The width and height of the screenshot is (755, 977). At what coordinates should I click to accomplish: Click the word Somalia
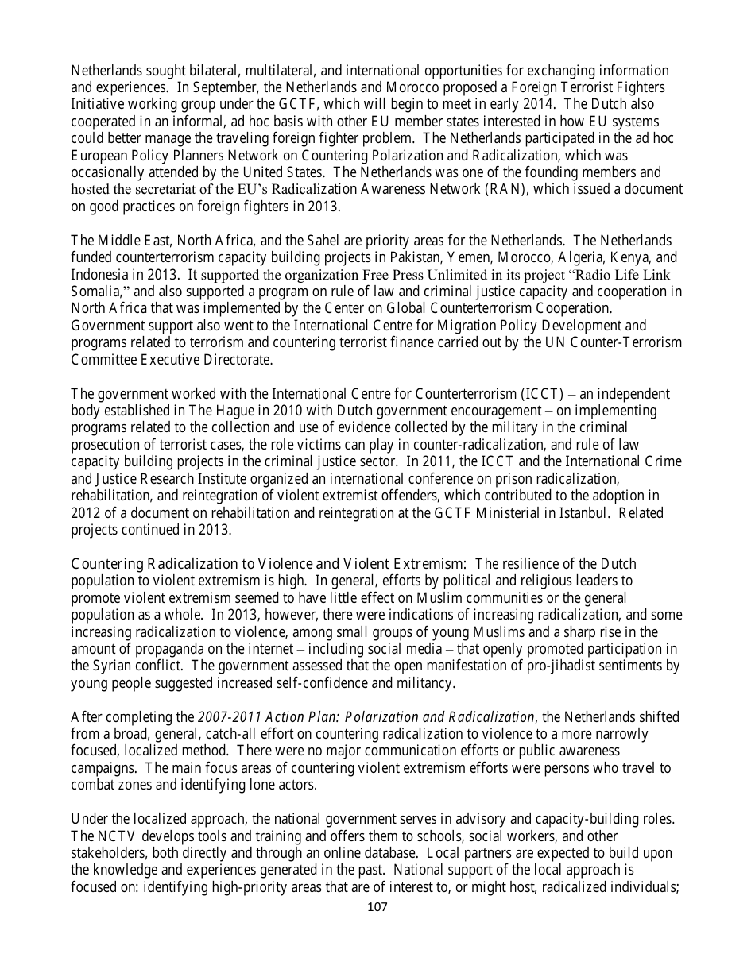pos(95,292)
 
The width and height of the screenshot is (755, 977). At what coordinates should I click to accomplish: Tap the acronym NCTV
pos(119,836)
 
